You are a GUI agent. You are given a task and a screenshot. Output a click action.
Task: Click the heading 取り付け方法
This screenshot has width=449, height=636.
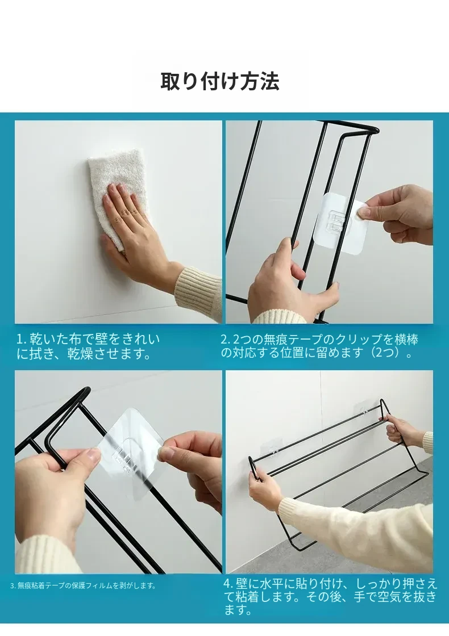pyautogui.click(x=219, y=81)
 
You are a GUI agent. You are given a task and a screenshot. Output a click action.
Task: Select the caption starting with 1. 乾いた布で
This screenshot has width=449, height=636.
pyautogui.click(x=89, y=346)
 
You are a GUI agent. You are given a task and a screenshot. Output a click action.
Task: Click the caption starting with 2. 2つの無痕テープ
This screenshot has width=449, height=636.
pyautogui.click(x=319, y=346)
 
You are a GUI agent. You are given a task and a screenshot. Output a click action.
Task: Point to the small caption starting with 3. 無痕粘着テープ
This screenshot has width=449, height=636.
pyautogui.click(x=83, y=585)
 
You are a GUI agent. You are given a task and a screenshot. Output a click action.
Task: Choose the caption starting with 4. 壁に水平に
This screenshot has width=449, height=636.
pyautogui.click(x=330, y=597)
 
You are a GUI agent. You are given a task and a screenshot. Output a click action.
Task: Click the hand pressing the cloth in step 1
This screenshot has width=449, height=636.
pyautogui.click(x=134, y=227)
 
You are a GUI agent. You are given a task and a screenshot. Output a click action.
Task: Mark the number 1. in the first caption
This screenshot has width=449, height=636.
pyautogui.click(x=21, y=340)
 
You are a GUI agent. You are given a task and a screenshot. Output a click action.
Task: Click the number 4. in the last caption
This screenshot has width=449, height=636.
pyautogui.click(x=228, y=584)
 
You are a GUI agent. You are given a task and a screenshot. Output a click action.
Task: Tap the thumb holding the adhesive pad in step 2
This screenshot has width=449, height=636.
pyautogui.click(x=363, y=211)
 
